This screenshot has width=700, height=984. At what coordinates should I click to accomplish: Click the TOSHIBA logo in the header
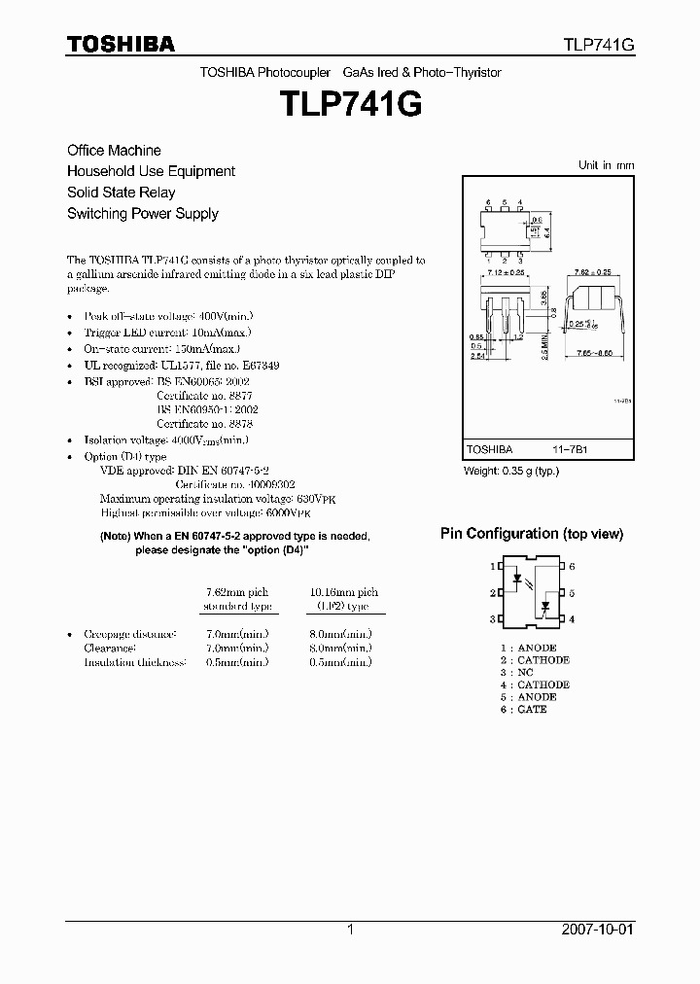(121, 44)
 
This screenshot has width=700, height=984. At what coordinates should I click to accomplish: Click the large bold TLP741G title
(350, 104)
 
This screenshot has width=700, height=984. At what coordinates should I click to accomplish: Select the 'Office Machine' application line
(114, 151)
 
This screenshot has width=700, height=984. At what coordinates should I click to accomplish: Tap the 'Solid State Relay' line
(121, 193)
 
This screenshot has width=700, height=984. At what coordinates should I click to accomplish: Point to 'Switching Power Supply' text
(142, 214)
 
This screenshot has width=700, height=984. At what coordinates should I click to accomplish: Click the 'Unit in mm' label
(606, 165)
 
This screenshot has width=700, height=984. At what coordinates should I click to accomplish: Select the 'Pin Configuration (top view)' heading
(531, 534)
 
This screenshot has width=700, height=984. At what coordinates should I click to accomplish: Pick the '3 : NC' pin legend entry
(517, 672)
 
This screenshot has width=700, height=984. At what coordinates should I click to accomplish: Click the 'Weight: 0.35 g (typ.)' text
(511, 471)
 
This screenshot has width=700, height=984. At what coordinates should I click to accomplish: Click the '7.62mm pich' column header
(237, 592)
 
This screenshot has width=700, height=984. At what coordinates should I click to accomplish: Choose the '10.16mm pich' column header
(344, 592)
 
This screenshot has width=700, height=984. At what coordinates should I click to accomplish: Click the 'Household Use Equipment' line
(151, 171)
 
